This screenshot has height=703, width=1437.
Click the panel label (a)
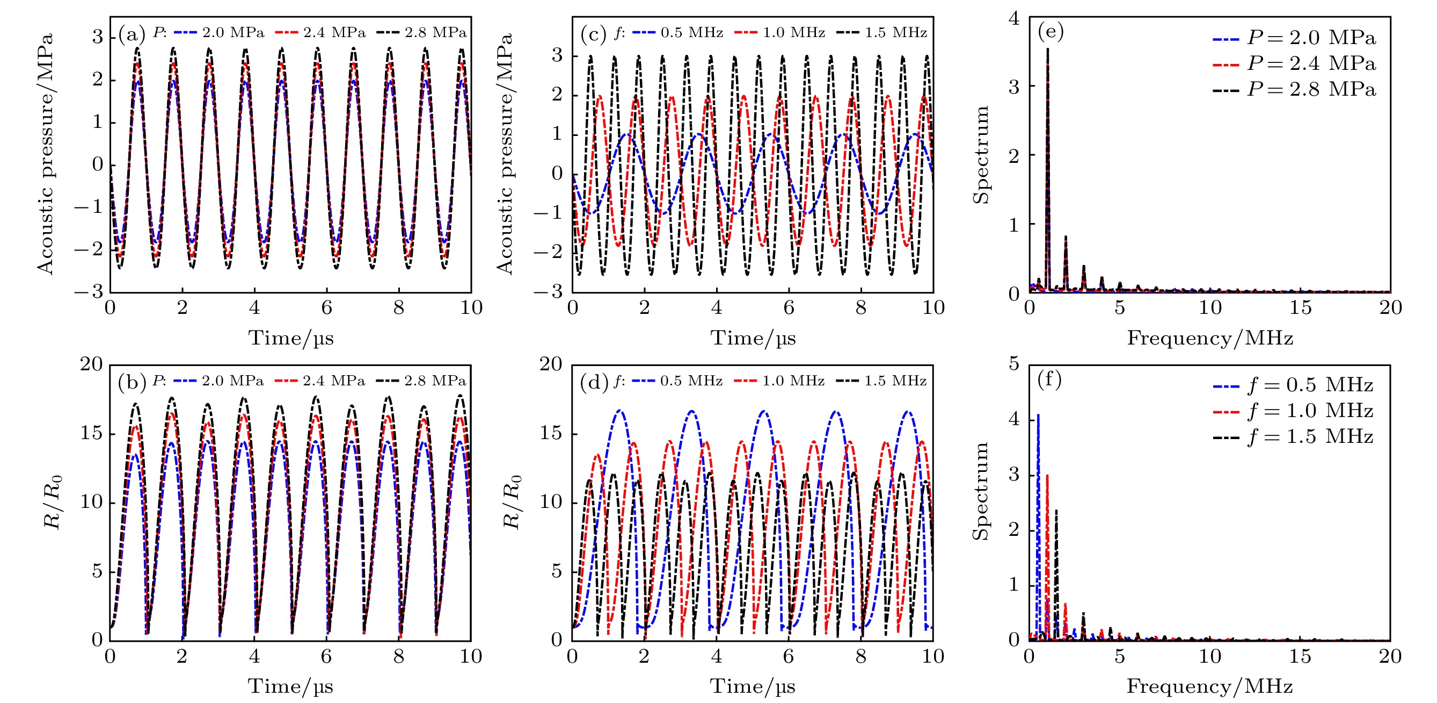132,34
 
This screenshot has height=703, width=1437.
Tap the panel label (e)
1051,31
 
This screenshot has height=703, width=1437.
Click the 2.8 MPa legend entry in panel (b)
422,381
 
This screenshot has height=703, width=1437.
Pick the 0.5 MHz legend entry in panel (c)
678,32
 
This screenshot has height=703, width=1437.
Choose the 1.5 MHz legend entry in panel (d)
881,381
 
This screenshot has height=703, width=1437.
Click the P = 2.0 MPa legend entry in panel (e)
1294,38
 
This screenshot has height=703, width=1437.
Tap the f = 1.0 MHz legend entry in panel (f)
1293,411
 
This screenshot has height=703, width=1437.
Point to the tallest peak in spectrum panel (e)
1048,49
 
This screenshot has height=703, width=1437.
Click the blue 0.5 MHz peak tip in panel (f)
1038,415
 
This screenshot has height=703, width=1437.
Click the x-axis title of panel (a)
290,339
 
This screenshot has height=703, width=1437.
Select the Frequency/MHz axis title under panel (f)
1209,686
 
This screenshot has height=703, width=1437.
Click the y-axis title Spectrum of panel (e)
981,155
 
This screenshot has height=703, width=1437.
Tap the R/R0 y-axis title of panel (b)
53,502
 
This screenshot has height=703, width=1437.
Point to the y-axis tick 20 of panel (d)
551,364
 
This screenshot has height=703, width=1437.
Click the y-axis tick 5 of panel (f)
1013,364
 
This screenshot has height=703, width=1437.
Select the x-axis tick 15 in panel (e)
1300,307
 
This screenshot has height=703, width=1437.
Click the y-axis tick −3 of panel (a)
89,291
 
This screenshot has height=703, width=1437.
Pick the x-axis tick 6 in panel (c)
789,307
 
